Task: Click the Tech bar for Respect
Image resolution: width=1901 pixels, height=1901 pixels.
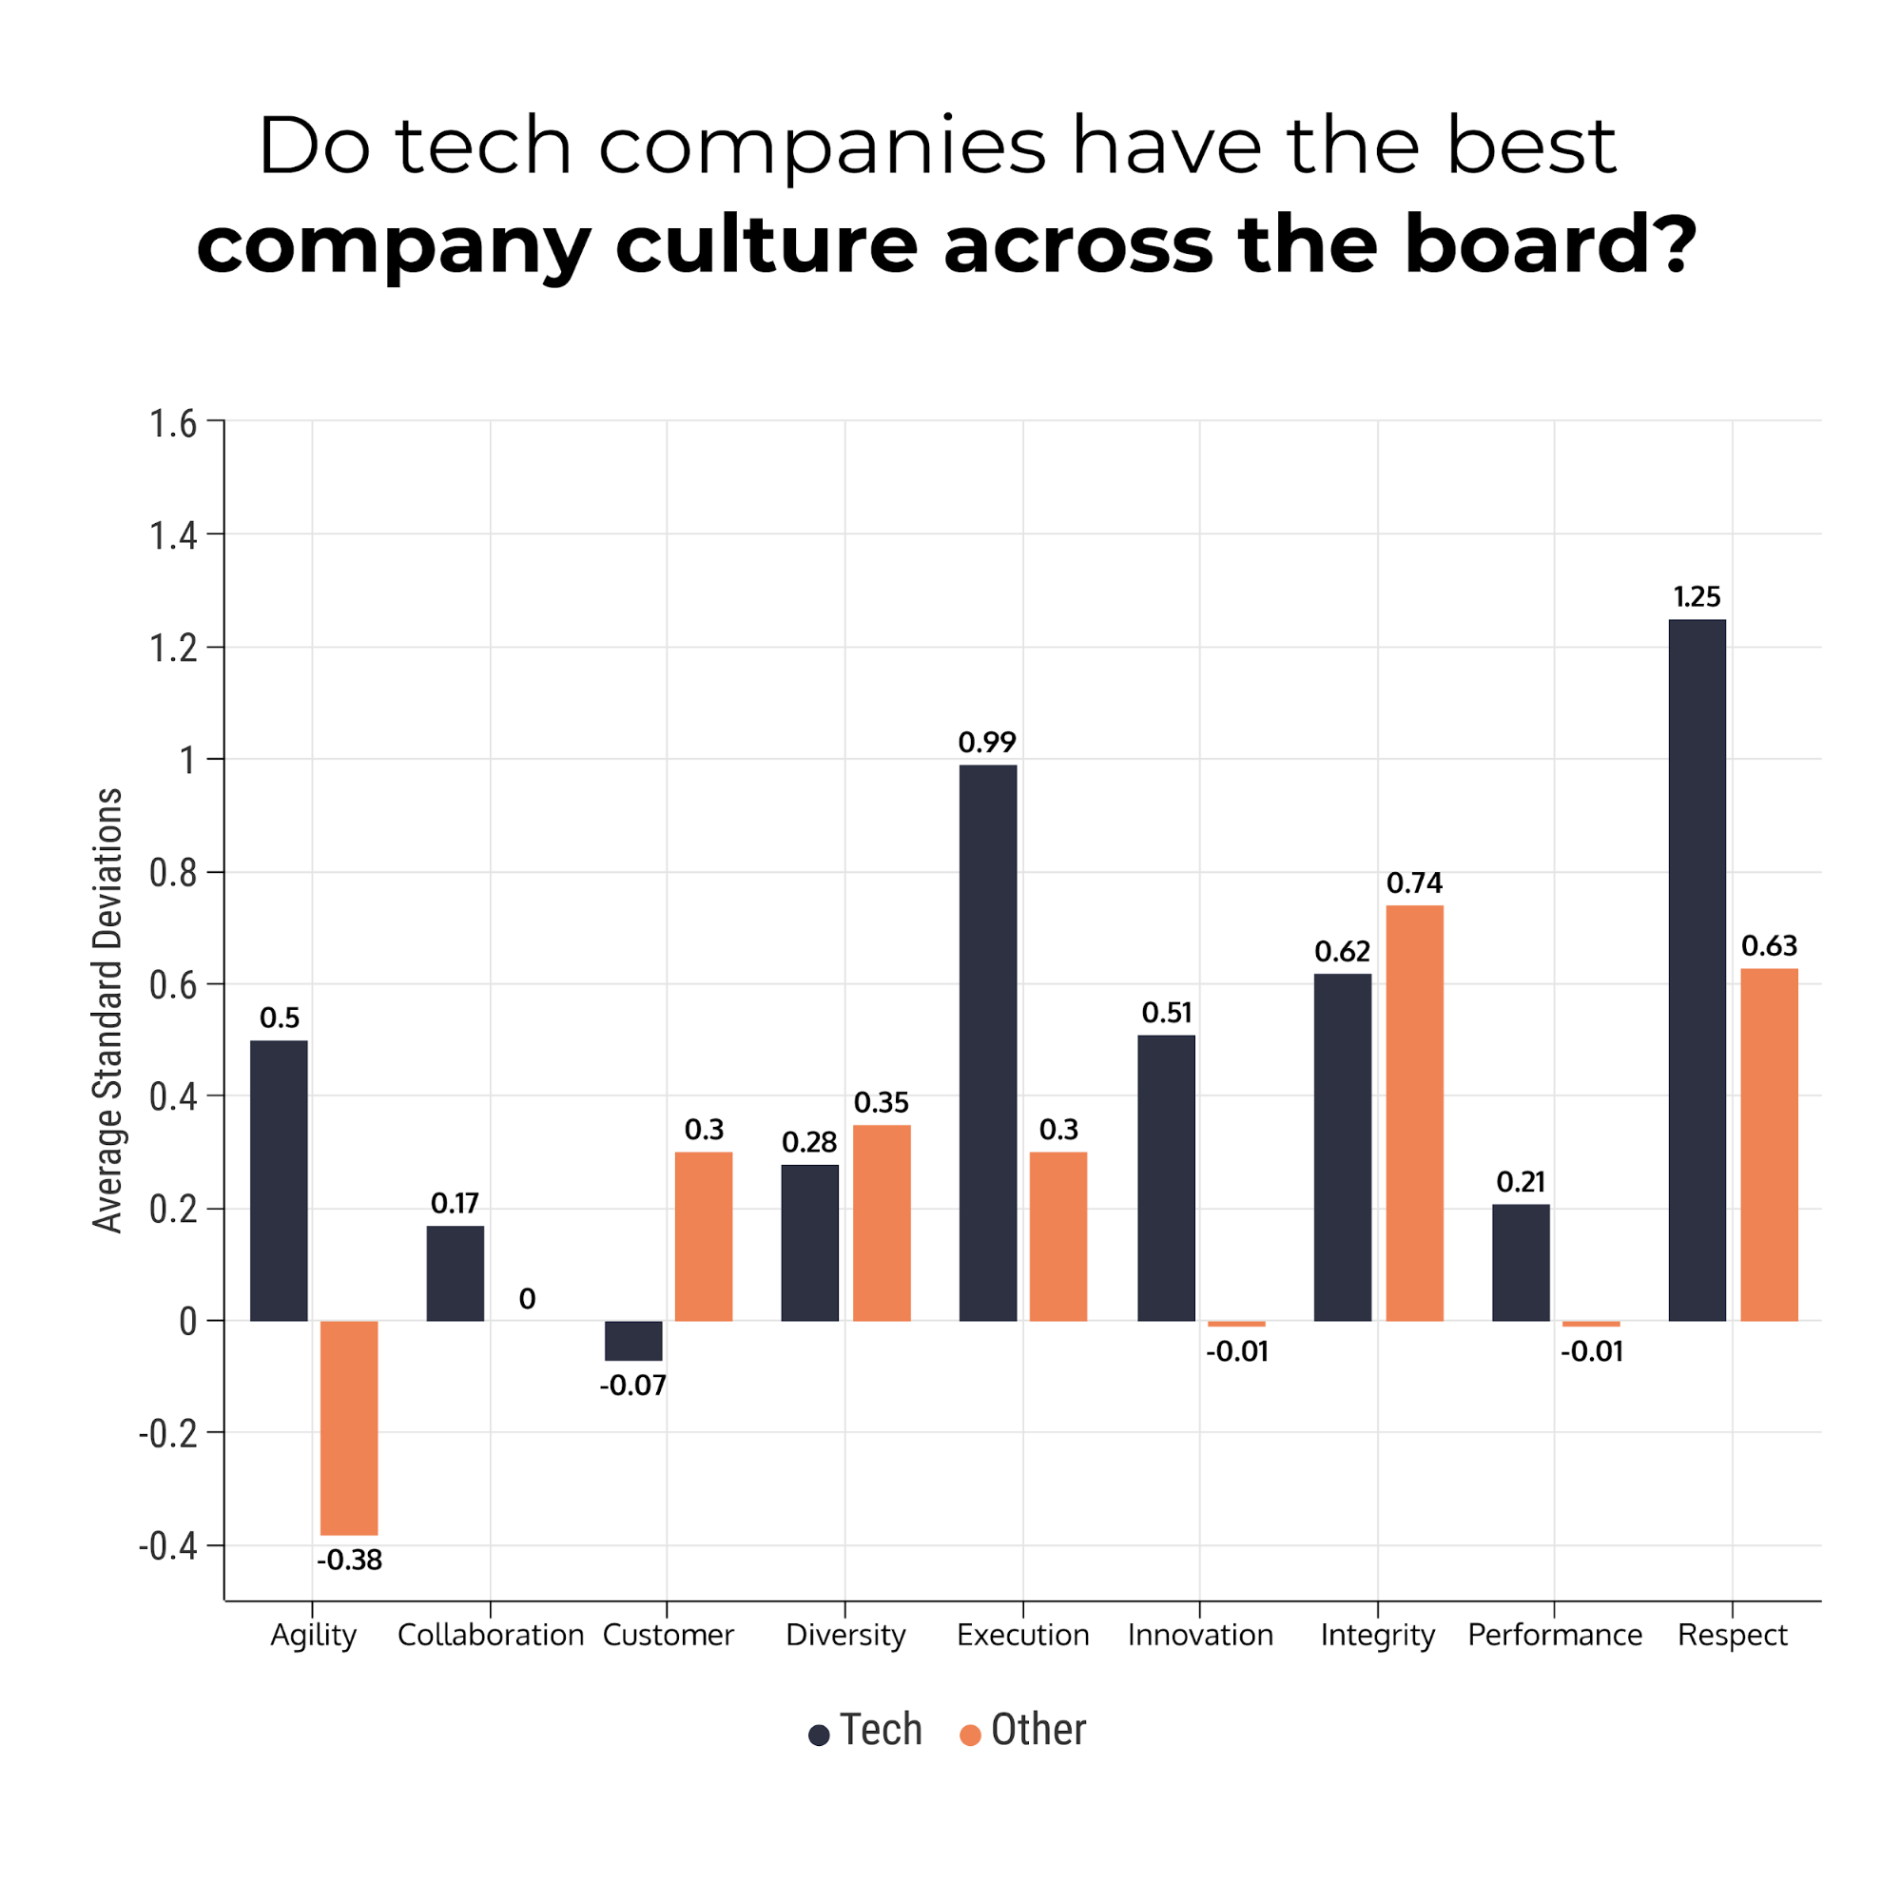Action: click(x=1697, y=969)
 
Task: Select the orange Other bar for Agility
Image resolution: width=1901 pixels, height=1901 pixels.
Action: click(x=349, y=1426)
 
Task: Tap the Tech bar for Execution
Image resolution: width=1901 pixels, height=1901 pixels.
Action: click(x=988, y=1043)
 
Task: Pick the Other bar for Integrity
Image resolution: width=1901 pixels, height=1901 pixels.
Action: click(x=1414, y=1113)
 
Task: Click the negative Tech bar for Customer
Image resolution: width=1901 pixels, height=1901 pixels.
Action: click(x=632, y=1340)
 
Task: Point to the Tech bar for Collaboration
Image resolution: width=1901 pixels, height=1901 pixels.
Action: click(x=456, y=1273)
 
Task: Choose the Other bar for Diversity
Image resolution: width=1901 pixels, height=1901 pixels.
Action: click(x=882, y=1222)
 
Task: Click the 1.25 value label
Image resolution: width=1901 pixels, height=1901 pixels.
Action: click(x=1697, y=597)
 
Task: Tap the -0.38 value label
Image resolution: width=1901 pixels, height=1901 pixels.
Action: click(x=349, y=1561)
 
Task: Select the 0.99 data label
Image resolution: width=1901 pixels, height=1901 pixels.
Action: click(x=987, y=743)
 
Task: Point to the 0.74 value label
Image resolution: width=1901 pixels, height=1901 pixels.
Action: click(x=1414, y=883)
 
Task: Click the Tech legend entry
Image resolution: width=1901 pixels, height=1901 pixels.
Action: click(x=866, y=1730)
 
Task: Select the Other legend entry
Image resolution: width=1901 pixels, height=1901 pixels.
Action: click(x=1023, y=1730)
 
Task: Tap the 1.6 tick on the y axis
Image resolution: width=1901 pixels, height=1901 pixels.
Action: click(x=173, y=424)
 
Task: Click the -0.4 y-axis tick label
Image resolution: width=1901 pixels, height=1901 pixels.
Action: click(x=167, y=1545)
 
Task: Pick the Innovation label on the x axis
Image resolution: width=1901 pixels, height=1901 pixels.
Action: click(x=1200, y=1636)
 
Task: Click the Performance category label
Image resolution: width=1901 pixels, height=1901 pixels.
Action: click(x=1555, y=1636)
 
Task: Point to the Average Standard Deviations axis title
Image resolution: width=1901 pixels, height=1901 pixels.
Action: click(x=108, y=1011)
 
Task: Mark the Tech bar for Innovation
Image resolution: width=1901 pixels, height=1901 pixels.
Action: click(x=1166, y=1178)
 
